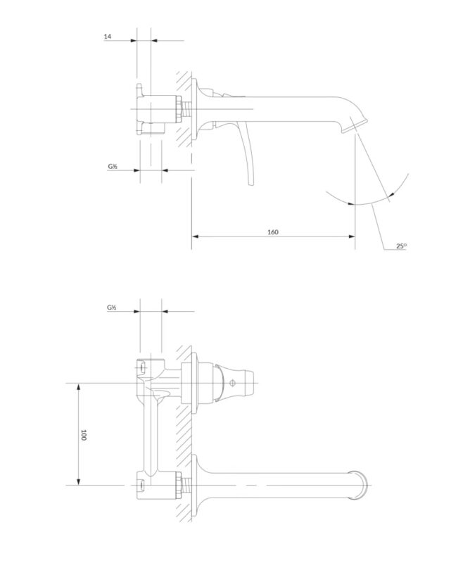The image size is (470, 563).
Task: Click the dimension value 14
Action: (108, 37)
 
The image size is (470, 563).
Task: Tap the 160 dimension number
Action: (273, 232)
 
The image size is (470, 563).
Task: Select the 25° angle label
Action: (402, 246)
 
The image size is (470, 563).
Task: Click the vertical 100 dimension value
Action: (84, 435)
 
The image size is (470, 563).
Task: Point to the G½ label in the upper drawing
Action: (113, 166)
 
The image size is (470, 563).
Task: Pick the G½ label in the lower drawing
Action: (111, 308)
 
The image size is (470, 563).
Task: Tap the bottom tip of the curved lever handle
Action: (251, 184)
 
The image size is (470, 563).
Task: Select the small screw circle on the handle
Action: (232, 383)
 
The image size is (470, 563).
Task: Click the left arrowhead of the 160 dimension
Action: (196, 236)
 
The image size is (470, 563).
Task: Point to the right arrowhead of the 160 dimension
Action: (352, 236)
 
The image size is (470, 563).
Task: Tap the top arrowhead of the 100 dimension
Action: (79, 386)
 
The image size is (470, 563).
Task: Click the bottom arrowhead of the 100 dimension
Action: (79, 481)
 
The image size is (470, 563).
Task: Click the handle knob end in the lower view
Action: (248, 383)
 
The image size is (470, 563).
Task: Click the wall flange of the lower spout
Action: (195, 485)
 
